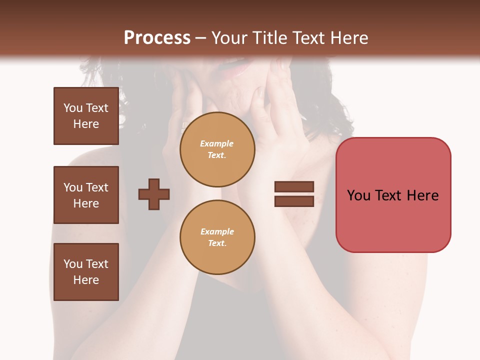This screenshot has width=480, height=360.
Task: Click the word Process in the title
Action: (157, 38)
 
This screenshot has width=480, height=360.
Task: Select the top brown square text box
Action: (86, 116)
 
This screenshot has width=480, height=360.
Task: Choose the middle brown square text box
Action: (86, 195)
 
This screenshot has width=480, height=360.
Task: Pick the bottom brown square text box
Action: (86, 272)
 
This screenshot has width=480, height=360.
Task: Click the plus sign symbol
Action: (154, 194)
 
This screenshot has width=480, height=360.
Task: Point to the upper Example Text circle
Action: (217, 149)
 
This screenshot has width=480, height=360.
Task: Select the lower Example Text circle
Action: (217, 237)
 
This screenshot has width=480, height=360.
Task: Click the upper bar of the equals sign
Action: (294, 186)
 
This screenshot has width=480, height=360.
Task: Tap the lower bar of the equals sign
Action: (294, 201)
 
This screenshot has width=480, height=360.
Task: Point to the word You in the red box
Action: (358, 195)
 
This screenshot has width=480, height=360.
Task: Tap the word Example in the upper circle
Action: (217, 143)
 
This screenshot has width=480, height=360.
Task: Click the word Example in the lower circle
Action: (217, 231)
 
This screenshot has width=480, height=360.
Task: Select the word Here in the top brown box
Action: (86, 124)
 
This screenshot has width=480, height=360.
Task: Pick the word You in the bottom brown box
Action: (72, 264)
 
